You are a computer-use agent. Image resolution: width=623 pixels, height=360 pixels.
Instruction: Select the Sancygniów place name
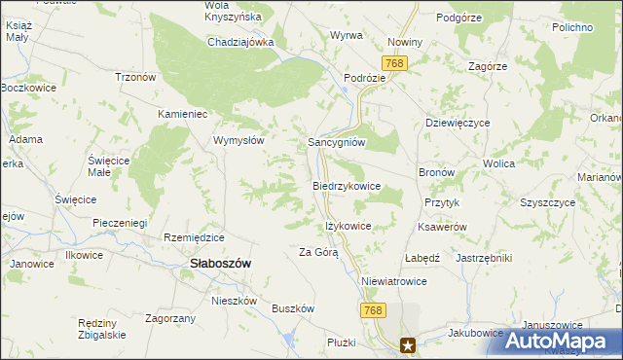[336, 141]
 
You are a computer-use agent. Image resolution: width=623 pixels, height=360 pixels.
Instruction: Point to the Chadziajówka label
[240, 42]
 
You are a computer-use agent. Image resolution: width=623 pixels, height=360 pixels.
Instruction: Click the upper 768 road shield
[394, 63]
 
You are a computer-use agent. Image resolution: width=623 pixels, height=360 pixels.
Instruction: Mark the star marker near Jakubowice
[409, 343]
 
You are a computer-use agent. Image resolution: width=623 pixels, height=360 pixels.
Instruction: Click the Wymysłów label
[239, 139]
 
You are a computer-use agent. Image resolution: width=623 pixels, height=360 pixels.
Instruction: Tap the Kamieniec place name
[185, 114]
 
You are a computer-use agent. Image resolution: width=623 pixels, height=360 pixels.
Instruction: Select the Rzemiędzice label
[195, 237]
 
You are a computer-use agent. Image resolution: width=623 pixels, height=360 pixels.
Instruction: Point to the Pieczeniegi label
[120, 223]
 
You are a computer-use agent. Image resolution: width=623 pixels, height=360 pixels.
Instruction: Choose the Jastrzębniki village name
[484, 258]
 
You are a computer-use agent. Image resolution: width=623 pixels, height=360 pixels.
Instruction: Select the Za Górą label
[318, 252]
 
